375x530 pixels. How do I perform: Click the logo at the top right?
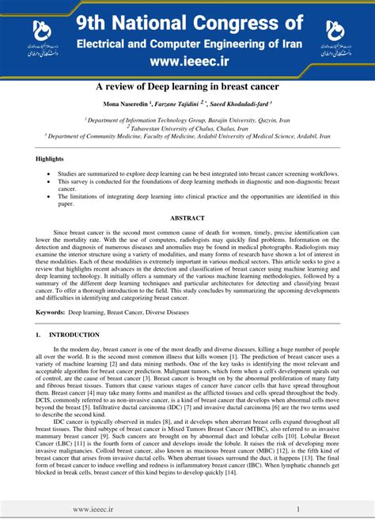click(335, 37)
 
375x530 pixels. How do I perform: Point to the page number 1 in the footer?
click(298, 510)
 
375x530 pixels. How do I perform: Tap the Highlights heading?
click(51, 159)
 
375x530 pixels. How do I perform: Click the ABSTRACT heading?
click(187, 218)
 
